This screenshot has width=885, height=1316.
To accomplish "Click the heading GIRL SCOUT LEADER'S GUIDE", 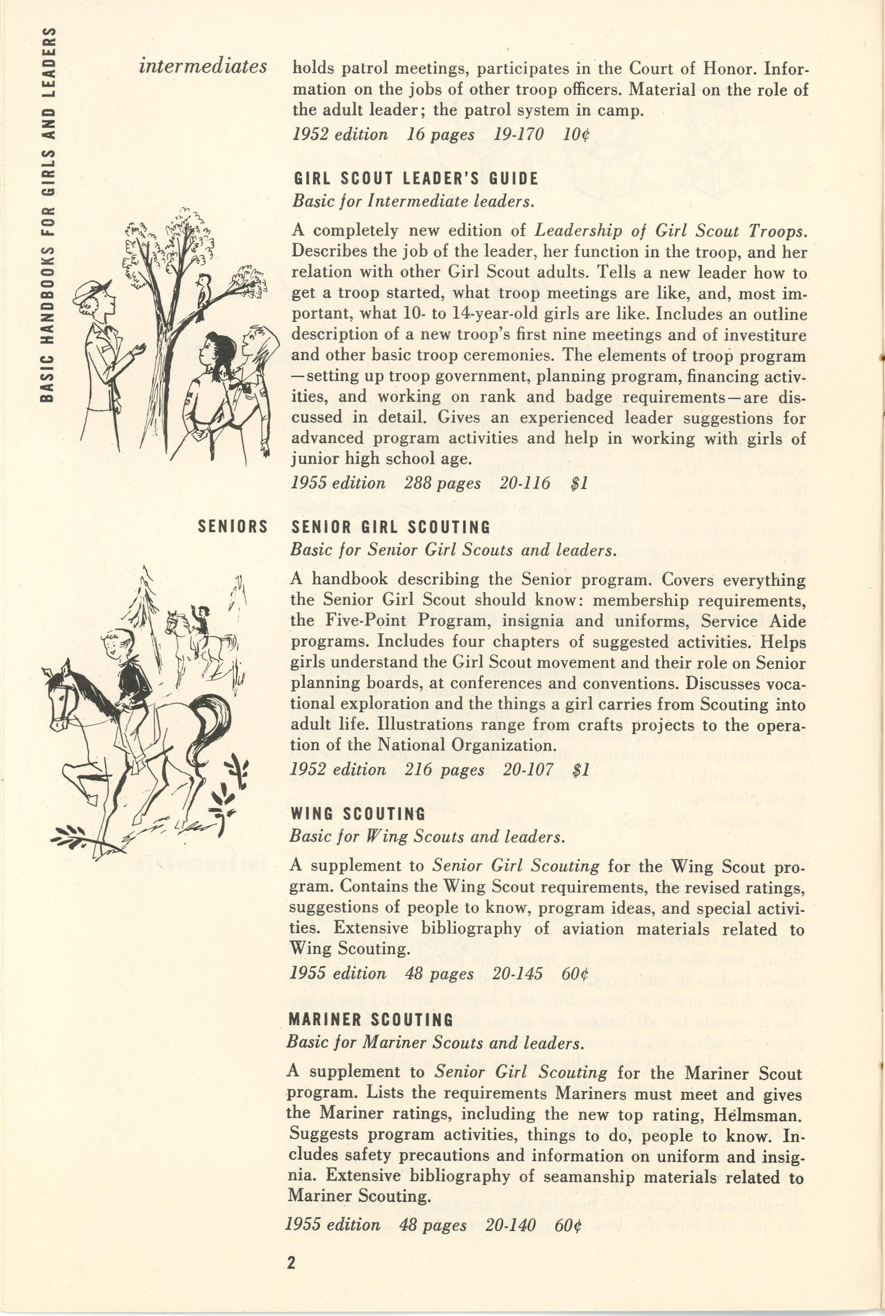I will tap(415, 179).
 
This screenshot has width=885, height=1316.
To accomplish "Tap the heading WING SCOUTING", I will tap(357, 814).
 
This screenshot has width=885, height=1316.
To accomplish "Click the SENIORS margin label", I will tap(233, 527).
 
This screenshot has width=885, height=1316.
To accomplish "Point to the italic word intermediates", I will tap(203, 67).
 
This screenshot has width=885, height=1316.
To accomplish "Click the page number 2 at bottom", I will tap(291, 1262).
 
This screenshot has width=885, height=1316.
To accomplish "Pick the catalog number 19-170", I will tap(518, 135).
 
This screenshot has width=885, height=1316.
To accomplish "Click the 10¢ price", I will tap(576, 135).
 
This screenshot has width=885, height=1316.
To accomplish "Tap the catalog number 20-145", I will tap(517, 974).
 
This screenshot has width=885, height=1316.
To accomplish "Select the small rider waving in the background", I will tap(202, 616).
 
